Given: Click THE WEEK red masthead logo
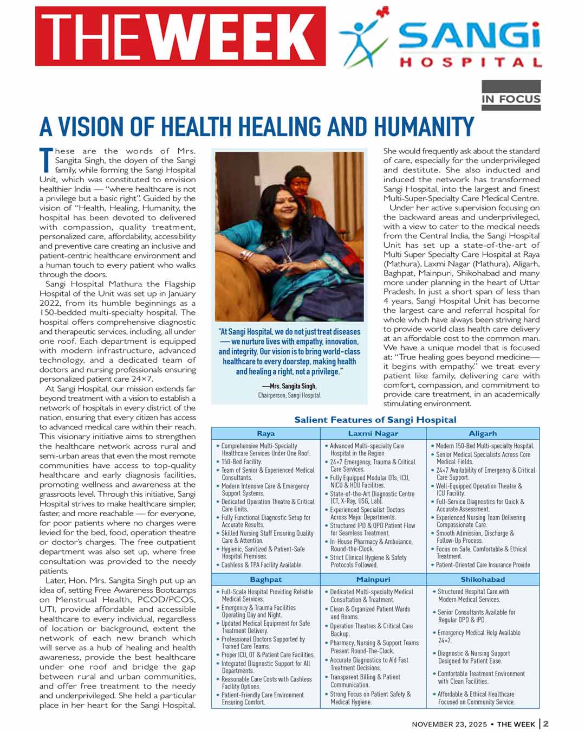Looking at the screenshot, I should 180,36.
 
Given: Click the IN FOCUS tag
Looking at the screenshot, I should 511,99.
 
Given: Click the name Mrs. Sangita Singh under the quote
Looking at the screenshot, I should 289,386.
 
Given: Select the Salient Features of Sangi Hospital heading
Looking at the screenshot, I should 375,420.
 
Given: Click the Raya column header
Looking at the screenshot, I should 265,433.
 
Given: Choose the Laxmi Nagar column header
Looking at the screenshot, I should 373,433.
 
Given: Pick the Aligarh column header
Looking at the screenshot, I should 483,433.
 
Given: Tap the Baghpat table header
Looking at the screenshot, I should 265,579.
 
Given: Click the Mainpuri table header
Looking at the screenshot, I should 373,579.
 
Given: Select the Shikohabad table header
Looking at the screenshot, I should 483,579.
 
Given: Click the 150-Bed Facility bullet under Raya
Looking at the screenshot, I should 242,462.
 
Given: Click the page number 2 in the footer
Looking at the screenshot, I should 546,724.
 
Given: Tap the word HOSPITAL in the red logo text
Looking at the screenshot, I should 470,62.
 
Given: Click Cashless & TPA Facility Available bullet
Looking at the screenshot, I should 262,565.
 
